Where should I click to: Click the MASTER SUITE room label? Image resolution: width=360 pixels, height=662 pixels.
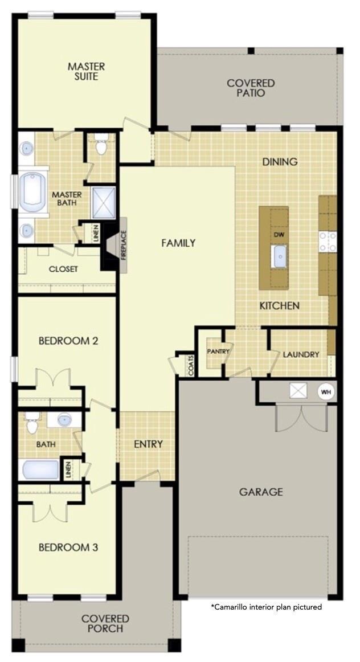(86, 71)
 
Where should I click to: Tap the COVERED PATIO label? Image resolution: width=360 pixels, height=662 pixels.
(251, 88)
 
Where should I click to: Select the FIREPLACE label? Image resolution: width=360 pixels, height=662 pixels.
(124, 246)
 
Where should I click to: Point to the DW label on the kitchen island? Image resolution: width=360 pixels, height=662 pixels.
(278, 235)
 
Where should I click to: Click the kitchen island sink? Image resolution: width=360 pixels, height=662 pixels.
(280, 257)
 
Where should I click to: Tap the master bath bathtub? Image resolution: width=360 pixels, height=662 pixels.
(34, 190)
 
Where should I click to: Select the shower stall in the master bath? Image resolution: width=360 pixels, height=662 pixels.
(103, 203)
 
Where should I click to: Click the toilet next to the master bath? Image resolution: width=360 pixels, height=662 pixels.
(101, 144)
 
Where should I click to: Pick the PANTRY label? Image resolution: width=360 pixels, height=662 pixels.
(218, 352)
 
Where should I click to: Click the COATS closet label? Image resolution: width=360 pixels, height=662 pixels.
(191, 365)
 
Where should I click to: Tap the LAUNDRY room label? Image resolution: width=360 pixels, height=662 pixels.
(301, 354)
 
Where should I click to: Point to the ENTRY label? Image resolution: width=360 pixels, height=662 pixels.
(148, 444)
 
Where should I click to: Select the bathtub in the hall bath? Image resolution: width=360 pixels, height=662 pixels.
(41, 470)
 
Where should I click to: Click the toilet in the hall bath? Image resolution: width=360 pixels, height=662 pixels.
(32, 423)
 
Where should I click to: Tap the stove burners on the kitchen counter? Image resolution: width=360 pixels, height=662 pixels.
(328, 242)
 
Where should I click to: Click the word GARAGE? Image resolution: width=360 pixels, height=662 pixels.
(261, 492)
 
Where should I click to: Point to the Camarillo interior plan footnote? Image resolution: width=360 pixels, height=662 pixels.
(267, 607)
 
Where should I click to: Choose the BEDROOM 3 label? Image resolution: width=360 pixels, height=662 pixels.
(68, 547)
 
